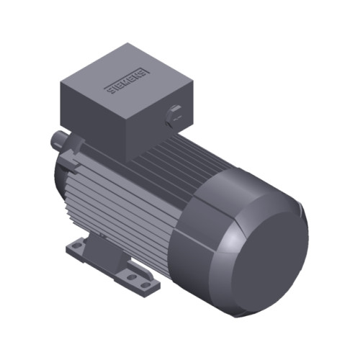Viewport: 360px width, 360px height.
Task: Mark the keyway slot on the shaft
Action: [55, 135]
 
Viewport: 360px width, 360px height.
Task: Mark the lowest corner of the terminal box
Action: [130, 158]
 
